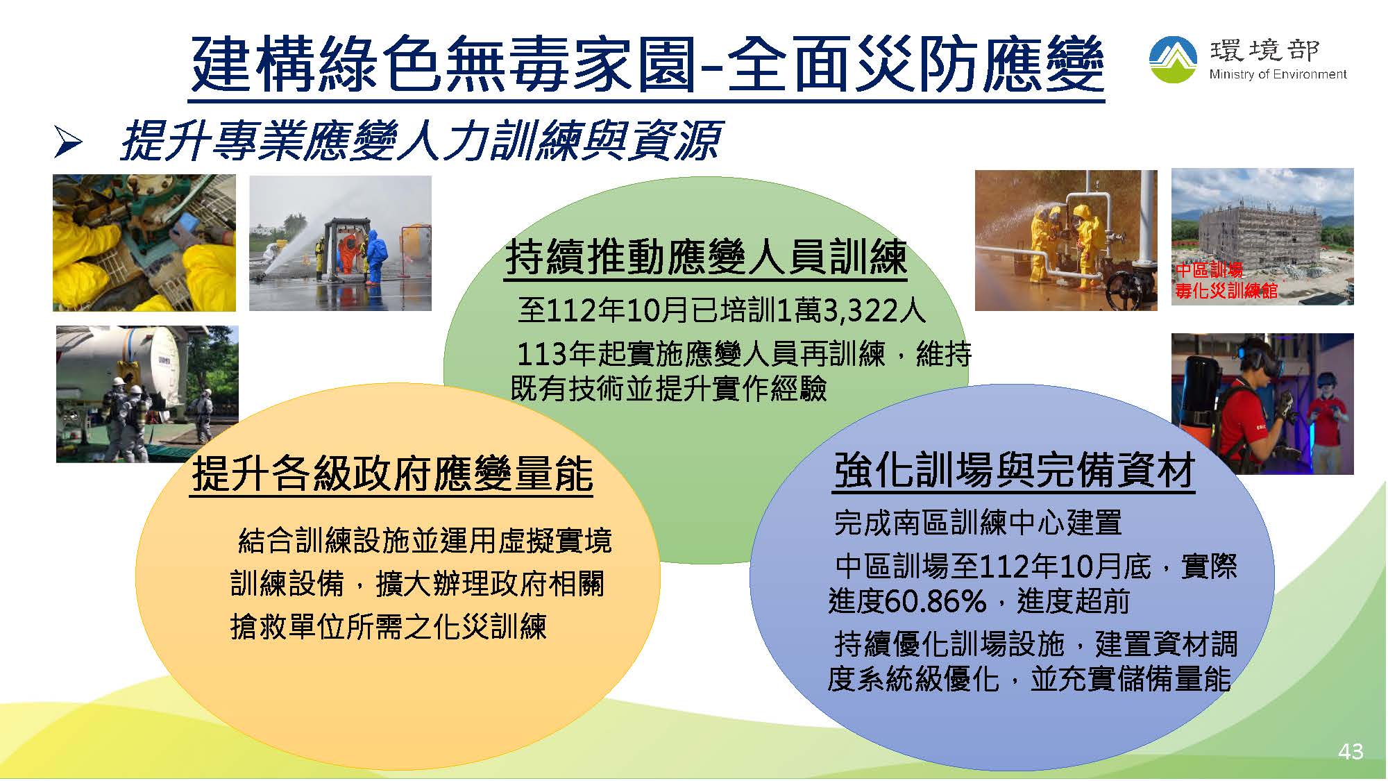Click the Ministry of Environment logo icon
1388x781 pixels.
coord(1173,60)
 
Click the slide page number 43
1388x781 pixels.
coord(1351,751)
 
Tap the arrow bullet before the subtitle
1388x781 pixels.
coord(68,142)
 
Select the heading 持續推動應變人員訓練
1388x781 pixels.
coord(706,258)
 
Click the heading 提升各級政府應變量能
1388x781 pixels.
coord(392,474)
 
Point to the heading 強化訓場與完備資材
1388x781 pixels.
coord(1014,471)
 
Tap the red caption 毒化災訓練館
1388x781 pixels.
coord(1226,290)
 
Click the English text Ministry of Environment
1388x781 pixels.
coord(1278,74)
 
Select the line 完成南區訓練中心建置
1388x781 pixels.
coord(978,523)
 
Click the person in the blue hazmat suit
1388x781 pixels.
coord(375,258)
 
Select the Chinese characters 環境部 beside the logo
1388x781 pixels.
coord(1265,51)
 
